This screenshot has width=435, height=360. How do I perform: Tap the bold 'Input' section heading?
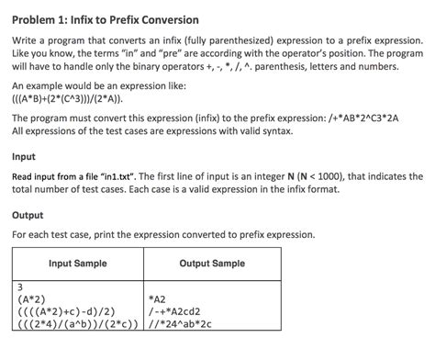pyautogui.click(x=26, y=156)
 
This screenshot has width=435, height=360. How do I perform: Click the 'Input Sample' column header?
pyautogui.click(x=77, y=264)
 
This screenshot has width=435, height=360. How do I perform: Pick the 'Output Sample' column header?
pyautogui.click(x=212, y=264)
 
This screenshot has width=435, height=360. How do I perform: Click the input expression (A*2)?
pyautogui.click(x=35, y=298)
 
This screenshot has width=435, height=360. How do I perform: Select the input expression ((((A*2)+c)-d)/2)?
pyautogui.click(x=67, y=311)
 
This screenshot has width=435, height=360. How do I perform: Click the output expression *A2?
pyautogui.click(x=157, y=298)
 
